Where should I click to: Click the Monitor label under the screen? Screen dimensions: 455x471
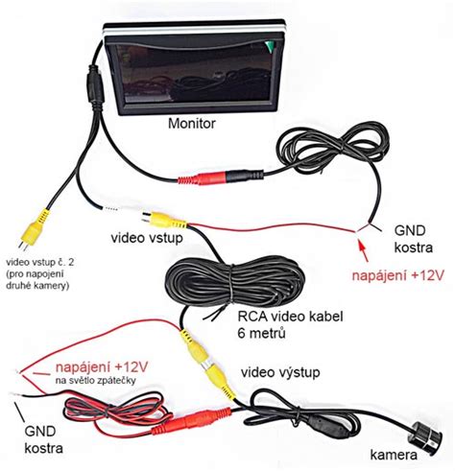coord(192,124)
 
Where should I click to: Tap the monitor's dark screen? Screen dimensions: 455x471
coord(194,74)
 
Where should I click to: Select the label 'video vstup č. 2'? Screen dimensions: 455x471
coord(40,263)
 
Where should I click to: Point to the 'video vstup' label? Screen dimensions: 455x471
coord(147,238)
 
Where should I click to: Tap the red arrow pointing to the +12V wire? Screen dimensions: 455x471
coord(363,250)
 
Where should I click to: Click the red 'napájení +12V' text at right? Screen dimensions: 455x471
coord(398,275)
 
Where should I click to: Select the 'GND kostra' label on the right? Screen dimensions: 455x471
coord(413,239)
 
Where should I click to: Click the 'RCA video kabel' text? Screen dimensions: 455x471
coord(290,317)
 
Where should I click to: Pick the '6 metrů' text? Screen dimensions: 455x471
coord(261,334)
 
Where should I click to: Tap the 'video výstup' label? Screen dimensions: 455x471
coord(280,372)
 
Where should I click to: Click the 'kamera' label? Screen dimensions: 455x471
coord(394,455)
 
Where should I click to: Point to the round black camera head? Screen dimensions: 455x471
coord(427,435)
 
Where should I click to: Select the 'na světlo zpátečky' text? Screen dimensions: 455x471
coord(96,380)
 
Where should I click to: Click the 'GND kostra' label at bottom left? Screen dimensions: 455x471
coord(43,439)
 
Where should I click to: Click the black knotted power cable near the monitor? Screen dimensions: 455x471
coord(333,151)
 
